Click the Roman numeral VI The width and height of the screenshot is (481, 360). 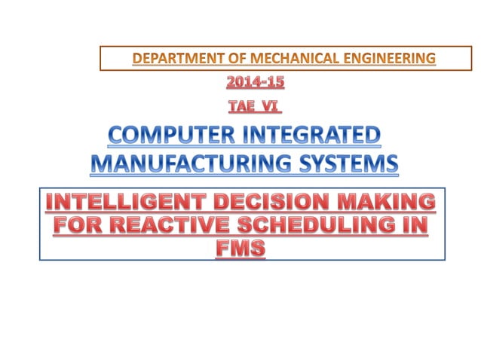coord(264,106)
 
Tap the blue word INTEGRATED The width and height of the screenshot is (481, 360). coord(311,136)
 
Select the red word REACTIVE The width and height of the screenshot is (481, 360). coord(171,224)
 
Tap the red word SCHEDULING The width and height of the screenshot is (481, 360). coord(322,224)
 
